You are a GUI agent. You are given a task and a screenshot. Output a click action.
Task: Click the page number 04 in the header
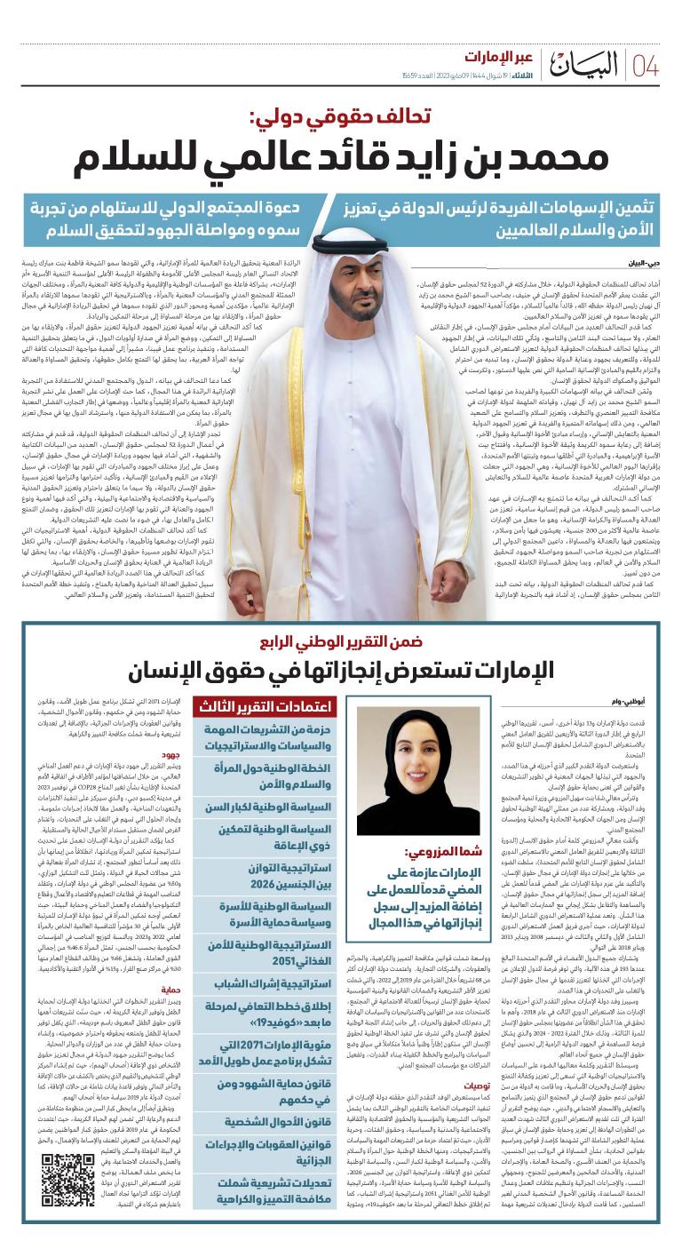646,66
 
